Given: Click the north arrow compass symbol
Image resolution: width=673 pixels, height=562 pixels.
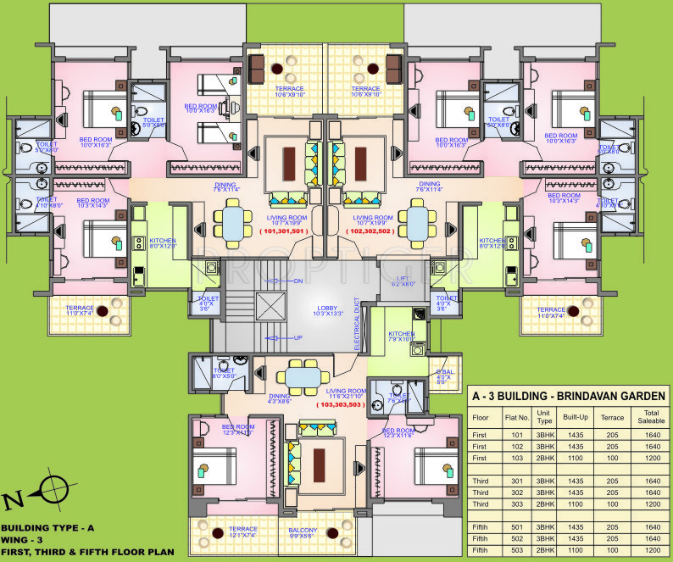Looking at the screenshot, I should coord(51,491).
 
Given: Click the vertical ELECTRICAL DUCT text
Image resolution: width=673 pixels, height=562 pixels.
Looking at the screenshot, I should coord(359,323).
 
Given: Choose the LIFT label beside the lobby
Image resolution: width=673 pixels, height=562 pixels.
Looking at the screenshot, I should coord(403,280).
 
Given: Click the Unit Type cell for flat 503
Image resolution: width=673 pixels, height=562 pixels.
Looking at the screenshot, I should coord(543,551).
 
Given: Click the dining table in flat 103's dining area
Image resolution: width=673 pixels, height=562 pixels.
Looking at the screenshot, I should coord(303,374).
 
